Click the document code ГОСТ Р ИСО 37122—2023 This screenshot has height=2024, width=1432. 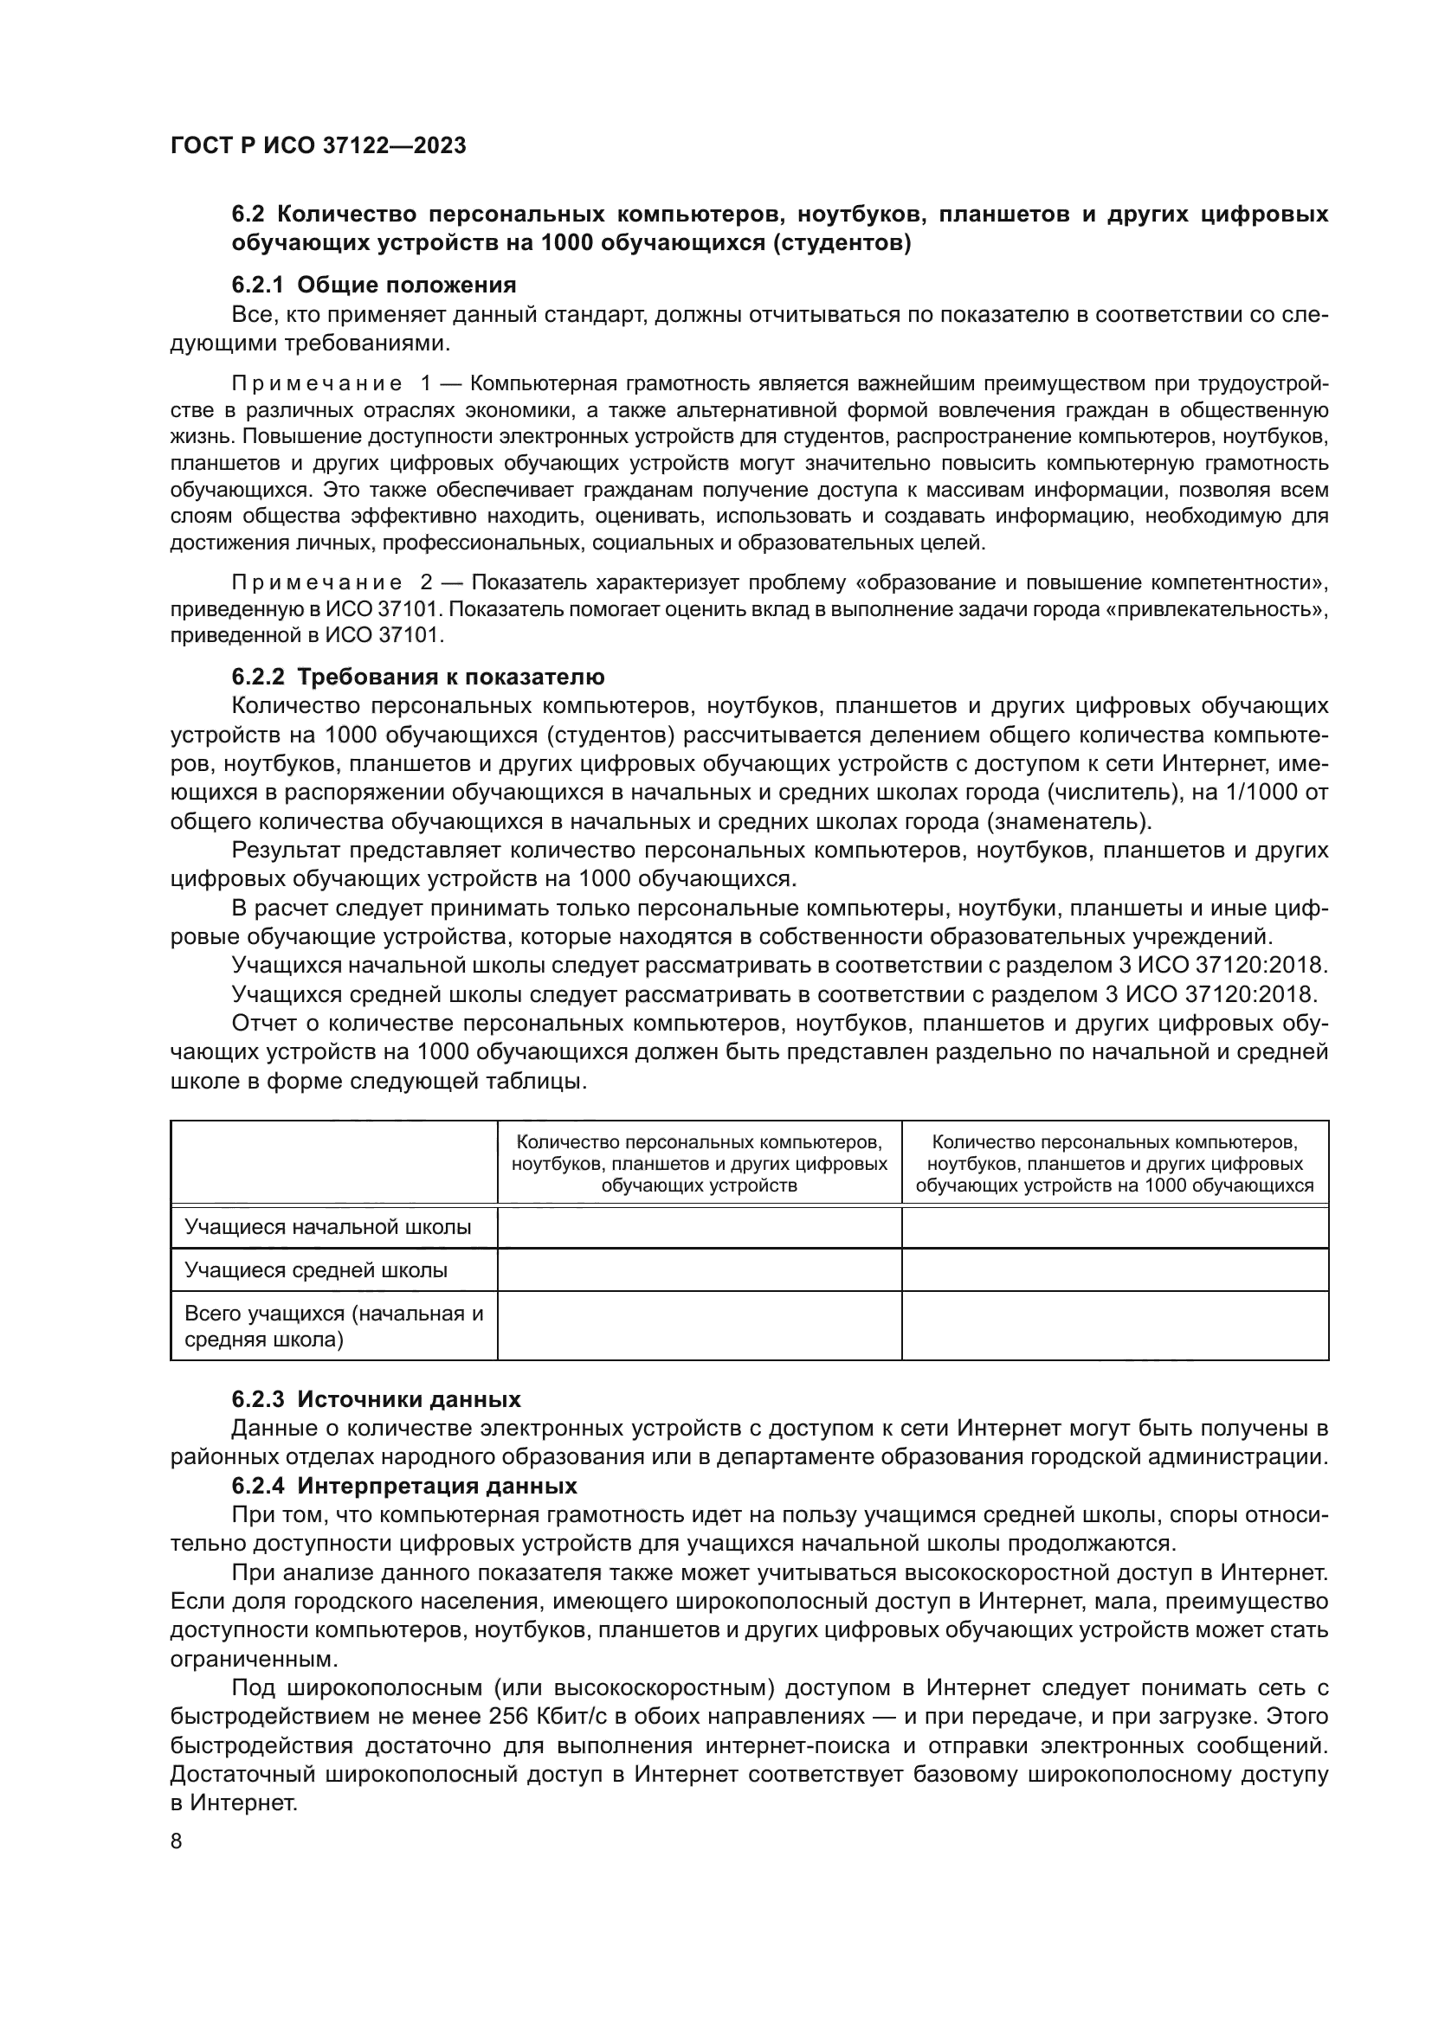point(318,146)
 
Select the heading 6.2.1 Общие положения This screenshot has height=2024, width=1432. point(374,285)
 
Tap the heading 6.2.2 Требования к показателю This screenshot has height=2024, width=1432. point(418,677)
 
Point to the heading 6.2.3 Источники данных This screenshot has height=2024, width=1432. point(377,1399)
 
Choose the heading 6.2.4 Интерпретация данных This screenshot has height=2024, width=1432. point(403,1486)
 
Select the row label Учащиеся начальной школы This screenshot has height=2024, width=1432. point(327,1226)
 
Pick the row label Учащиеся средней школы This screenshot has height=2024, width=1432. point(316,1269)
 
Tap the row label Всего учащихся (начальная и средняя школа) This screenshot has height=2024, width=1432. point(333,1326)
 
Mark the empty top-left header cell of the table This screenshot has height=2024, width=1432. point(333,1162)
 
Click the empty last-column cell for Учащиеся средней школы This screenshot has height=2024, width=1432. point(1114,1269)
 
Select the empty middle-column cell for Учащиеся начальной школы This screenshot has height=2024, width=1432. point(700,1226)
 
